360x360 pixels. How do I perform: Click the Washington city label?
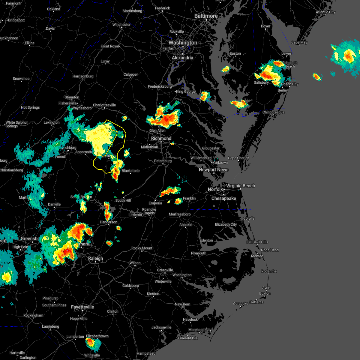183,43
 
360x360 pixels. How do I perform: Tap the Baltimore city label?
206,16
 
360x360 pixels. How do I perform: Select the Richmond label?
161,138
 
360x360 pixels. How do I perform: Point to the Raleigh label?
95,258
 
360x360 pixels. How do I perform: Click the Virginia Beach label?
241,186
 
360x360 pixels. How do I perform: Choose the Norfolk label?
215,189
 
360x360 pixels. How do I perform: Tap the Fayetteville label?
82,307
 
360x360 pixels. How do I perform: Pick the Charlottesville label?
104,105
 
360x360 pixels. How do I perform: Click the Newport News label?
214,169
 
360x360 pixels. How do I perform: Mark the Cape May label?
299,42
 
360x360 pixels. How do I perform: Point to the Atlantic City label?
325,12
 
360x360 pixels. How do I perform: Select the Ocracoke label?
241,304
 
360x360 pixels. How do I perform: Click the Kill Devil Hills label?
257,242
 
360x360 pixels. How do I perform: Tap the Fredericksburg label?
160,86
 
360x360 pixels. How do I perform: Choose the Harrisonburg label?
83,76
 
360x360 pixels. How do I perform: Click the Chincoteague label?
273,112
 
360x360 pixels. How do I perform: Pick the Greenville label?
165,270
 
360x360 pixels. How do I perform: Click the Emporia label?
155,203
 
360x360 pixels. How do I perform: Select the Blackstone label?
130,171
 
